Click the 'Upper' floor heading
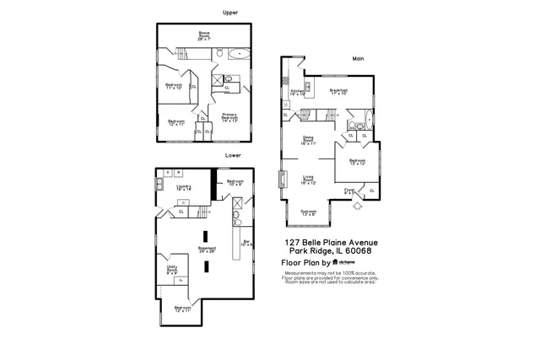(229, 13)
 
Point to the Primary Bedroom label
(229, 117)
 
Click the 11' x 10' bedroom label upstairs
(174, 86)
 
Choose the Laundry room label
(183, 188)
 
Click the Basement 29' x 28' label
(207, 250)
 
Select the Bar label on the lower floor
(247, 244)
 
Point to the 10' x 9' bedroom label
(235, 183)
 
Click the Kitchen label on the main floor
(298, 93)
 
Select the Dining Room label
(308, 142)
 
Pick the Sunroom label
(308, 212)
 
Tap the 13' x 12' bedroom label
(358, 161)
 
